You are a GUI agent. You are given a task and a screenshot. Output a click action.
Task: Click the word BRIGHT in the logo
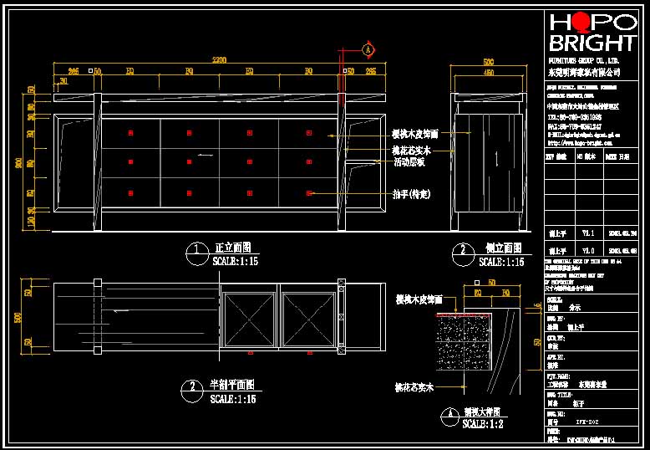[591, 43]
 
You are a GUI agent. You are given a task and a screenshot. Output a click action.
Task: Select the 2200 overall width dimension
[219, 60]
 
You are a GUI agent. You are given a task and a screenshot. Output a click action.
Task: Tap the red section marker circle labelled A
[367, 49]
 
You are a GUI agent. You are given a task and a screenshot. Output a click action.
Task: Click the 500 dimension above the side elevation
[489, 61]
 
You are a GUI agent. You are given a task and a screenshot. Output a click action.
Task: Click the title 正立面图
[233, 248]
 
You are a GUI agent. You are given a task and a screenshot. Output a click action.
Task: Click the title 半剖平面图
[231, 386]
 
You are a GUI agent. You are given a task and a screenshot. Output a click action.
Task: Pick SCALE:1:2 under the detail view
[486, 425]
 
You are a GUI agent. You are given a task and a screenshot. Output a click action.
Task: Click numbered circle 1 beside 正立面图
[196, 251]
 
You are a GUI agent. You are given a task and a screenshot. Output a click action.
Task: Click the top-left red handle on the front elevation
[130, 134]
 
